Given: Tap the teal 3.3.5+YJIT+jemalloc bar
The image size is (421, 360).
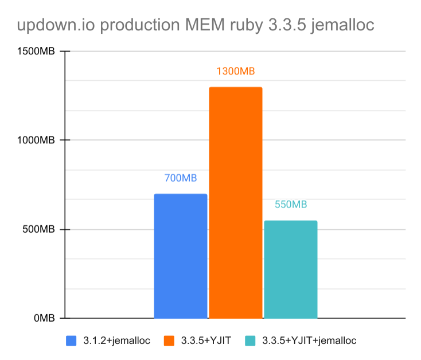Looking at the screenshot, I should (x=290, y=269).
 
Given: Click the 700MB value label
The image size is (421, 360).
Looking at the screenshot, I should (x=181, y=178).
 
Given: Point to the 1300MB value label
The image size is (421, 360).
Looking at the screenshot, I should (x=235, y=71).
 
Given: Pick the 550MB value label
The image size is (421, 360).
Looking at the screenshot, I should (x=290, y=205).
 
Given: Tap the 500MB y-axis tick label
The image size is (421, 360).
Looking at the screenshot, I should (x=38, y=229).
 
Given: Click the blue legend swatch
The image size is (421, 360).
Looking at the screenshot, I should (x=72, y=341).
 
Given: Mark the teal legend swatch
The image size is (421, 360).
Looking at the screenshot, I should (x=250, y=341).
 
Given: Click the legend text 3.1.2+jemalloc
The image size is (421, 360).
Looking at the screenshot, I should (x=117, y=341).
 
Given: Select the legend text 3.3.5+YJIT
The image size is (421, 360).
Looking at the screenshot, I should (x=205, y=341).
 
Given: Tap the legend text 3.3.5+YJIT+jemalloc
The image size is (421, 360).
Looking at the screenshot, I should (x=309, y=341).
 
